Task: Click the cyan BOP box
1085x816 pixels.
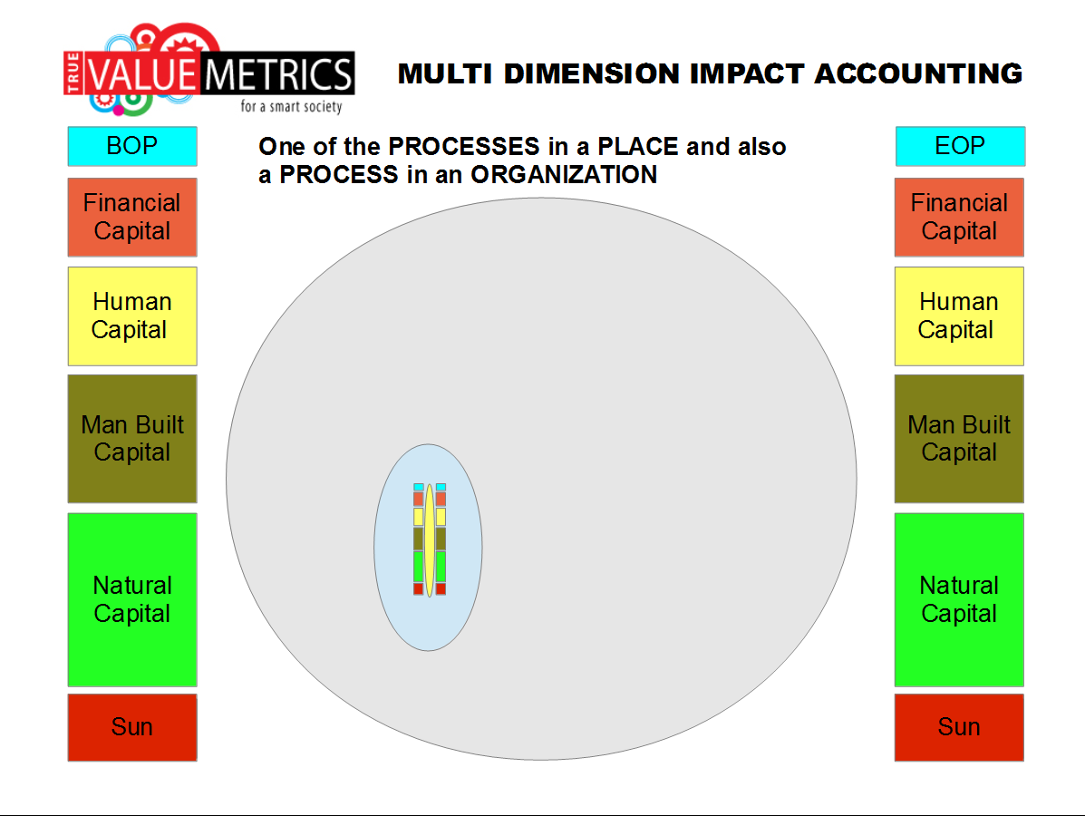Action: click(132, 146)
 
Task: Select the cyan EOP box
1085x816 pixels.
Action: click(961, 146)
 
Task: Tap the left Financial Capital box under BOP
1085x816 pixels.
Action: click(132, 218)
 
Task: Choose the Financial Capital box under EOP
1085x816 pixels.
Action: click(959, 218)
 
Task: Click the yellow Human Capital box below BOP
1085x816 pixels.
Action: click(132, 316)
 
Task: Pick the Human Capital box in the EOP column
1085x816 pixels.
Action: click(959, 316)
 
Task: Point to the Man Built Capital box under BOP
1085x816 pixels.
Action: click(132, 439)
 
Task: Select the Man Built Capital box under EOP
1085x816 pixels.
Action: click(959, 439)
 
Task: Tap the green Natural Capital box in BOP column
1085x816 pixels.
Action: click(132, 599)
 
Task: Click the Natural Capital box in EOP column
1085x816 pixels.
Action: click(959, 599)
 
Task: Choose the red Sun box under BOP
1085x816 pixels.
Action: click(132, 727)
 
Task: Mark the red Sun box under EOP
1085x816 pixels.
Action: click(959, 727)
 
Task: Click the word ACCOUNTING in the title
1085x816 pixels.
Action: click(918, 74)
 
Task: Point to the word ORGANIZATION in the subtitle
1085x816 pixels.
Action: click(564, 174)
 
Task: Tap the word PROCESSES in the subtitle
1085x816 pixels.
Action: click(463, 147)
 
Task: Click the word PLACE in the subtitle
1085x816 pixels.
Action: click(638, 147)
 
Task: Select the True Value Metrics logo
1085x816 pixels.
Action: click(209, 69)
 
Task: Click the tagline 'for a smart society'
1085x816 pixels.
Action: click(291, 107)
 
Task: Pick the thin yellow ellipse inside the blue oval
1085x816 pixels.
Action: click(430, 540)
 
